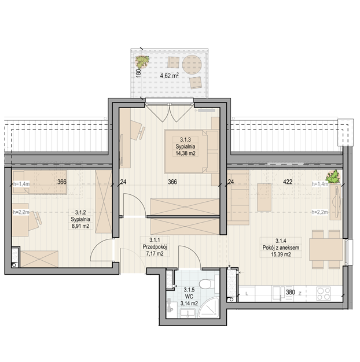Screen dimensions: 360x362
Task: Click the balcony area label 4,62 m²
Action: [x=170, y=76]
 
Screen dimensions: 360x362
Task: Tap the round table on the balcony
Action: [x=192, y=64]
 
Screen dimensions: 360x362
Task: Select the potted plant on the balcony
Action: [x=142, y=62]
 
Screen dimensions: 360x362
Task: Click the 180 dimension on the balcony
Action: [x=138, y=73]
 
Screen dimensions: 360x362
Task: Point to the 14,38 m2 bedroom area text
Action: [x=185, y=153]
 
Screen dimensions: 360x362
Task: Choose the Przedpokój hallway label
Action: [x=155, y=247]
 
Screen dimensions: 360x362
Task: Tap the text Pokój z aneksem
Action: [x=281, y=248]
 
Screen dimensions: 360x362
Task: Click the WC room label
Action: [x=189, y=297]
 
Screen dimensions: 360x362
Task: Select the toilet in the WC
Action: [x=207, y=284]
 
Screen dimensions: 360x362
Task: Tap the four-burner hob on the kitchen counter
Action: [x=324, y=293]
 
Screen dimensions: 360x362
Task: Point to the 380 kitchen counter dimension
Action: [x=291, y=292]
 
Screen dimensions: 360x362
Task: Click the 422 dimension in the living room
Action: [x=288, y=182]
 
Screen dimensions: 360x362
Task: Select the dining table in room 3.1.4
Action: [x=326, y=250]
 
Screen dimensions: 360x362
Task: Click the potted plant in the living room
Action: [x=333, y=176]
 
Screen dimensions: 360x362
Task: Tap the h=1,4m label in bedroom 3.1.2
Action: [x=21, y=184]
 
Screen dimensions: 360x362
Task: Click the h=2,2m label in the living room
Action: [x=319, y=212]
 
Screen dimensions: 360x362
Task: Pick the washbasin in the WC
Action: [x=188, y=313]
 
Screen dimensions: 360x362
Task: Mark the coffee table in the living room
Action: [x=264, y=197]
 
